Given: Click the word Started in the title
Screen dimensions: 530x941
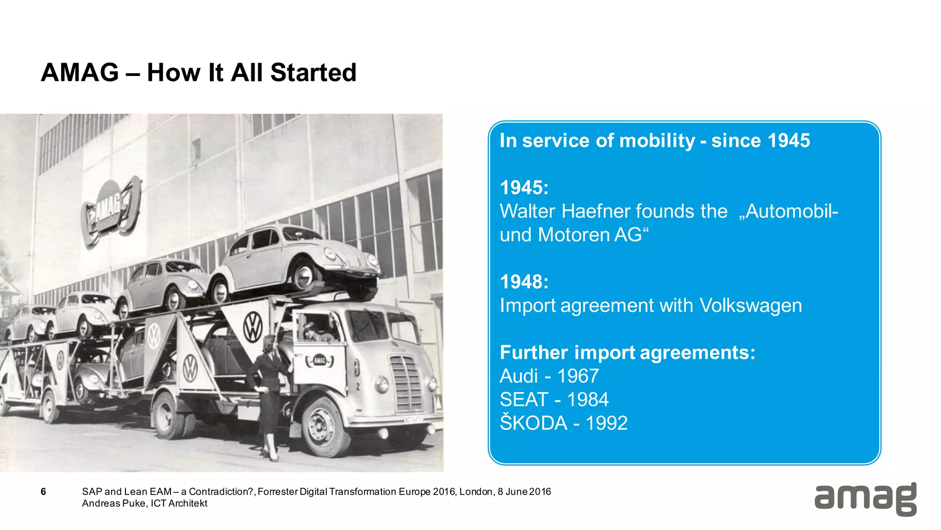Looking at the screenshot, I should tap(313, 73).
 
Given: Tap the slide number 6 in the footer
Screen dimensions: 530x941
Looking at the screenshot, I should tap(43, 492).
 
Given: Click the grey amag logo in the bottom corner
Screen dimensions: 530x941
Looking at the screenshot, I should tap(865, 499).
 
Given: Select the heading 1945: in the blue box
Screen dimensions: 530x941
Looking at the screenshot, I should tap(524, 188).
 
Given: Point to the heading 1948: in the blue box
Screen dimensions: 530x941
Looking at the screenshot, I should tap(524, 282).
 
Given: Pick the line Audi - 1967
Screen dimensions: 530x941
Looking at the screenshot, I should tap(549, 376).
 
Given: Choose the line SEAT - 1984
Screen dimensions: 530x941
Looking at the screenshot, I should tap(554, 400).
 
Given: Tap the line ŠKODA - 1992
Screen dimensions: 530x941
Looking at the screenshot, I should tap(563, 423).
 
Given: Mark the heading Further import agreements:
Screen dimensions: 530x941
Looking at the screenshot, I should tap(627, 353).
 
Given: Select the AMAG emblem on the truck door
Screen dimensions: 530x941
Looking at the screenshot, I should tap(319, 360).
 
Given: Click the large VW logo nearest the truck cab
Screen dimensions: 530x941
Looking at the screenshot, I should tap(252, 327).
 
